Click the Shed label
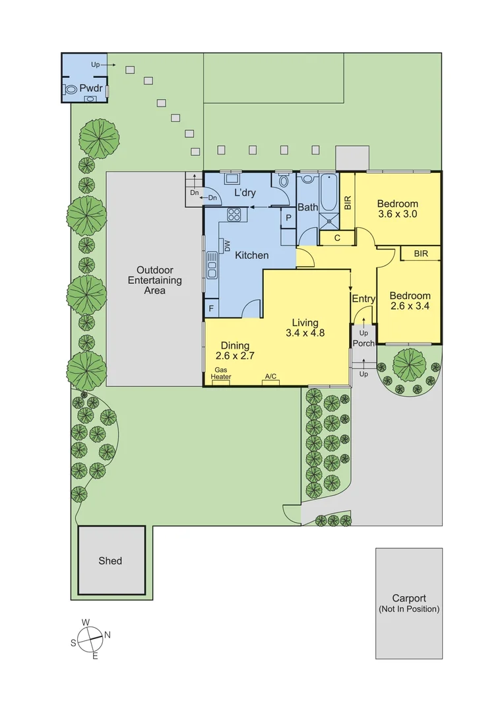click(110, 560)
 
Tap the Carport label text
click(409, 598)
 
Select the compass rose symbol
click(90, 638)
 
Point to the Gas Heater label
click(221, 373)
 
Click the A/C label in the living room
click(270, 376)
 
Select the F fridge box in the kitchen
click(211, 308)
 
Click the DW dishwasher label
click(226, 245)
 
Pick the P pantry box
click(288, 217)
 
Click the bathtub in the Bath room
click(328, 191)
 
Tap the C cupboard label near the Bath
click(336, 238)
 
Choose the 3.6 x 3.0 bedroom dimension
click(397, 215)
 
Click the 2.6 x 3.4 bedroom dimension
click(409, 306)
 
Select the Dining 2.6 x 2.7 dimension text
click(235, 355)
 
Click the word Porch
click(363, 343)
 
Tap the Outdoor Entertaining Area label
click(155, 280)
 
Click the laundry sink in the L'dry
click(232, 178)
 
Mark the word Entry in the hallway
click(363, 299)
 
